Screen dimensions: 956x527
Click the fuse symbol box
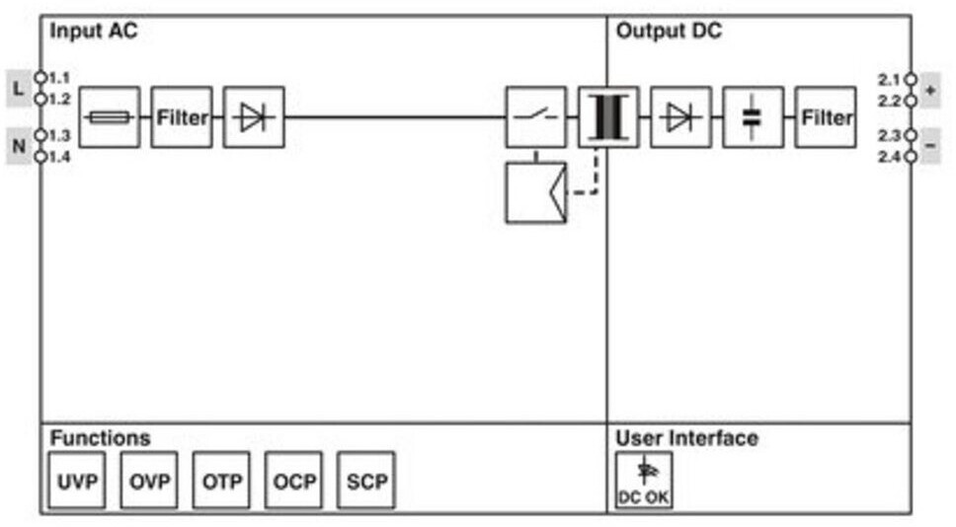[110, 117]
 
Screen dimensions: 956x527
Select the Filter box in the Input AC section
[182, 117]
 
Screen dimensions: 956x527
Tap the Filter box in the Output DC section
[826, 117]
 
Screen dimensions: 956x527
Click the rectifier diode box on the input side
[254, 117]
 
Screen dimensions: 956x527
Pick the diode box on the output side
[681, 117]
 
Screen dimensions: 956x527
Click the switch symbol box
[536, 117]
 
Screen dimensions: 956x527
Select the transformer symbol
[608, 117]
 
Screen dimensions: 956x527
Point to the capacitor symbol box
[753, 117]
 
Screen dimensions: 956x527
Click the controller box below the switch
[536, 192]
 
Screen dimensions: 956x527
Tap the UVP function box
[77, 480]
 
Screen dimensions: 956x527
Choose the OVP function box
[149, 480]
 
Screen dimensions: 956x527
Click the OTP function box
[221, 480]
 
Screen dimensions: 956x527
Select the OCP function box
[294, 480]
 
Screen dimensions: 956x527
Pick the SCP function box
[366, 480]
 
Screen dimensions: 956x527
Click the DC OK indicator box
[645, 480]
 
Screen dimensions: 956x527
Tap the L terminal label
[19, 89]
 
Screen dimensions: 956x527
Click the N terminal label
[19, 146]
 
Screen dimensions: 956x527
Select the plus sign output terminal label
[930, 90]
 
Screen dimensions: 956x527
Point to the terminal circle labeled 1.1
[40, 77]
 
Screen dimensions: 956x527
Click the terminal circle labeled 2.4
[911, 157]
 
